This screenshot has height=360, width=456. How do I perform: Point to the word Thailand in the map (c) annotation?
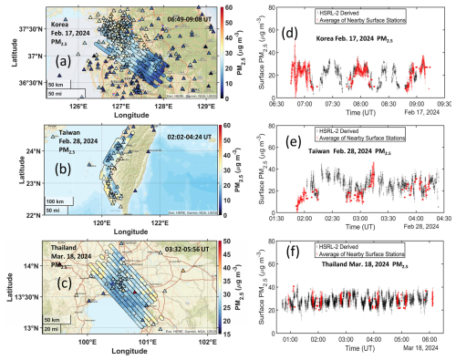click(x=66, y=249)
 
